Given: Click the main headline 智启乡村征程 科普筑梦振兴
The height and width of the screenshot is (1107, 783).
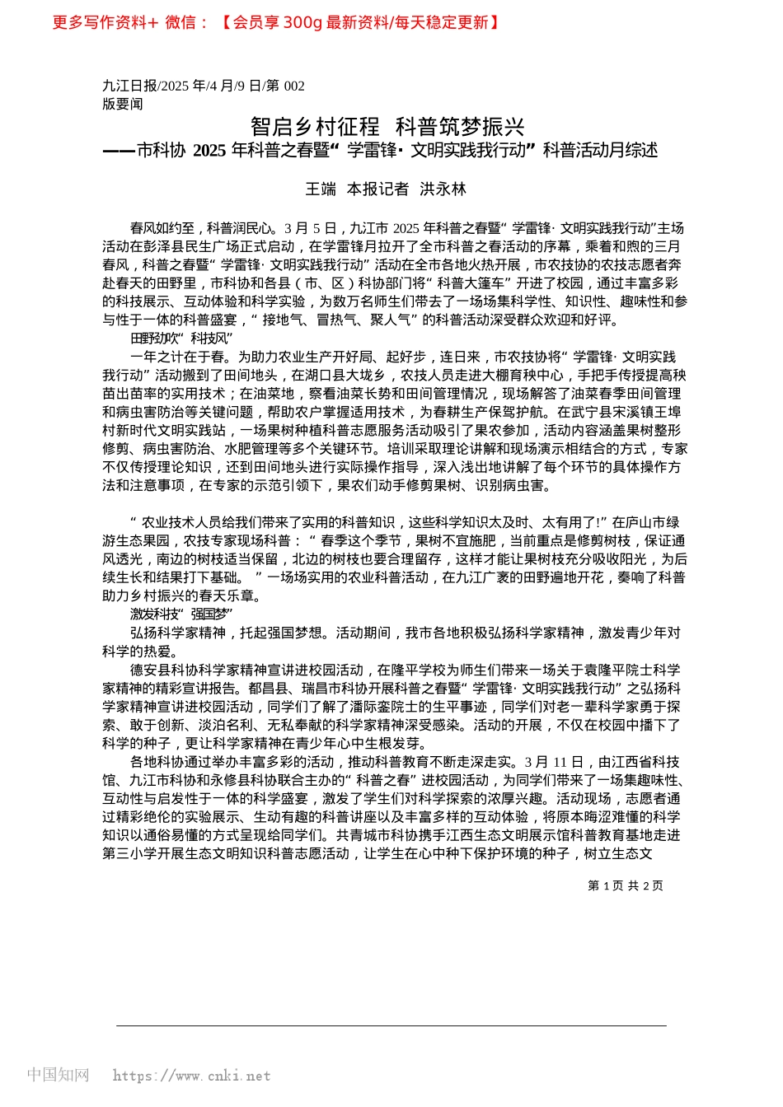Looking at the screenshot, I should pyautogui.click(x=387, y=127).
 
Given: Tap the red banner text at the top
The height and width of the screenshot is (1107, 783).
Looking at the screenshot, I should pyautogui.click(x=276, y=22).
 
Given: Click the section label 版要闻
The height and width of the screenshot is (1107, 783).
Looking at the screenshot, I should pyautogui.click(x=123, y=104).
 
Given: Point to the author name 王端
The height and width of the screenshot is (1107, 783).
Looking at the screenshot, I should pyautogui.click(x=321, y=189).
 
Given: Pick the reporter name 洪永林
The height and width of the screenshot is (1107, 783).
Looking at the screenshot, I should pyautogui.click(x=443, y=189).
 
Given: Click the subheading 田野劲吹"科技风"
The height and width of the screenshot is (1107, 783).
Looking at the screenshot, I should pyautogui.click(x=181, y=339).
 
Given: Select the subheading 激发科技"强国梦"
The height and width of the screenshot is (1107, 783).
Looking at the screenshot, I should pyautogui.click(x=181, y=614).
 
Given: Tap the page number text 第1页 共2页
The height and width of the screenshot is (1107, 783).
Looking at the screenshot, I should pyautogui.click(x=625, y=885).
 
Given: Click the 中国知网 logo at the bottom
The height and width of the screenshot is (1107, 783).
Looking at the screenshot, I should pyautogui.click(x=59, y=1075).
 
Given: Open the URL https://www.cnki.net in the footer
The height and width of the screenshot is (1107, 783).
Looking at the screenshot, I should pyautogui.click(x=191, y=1076).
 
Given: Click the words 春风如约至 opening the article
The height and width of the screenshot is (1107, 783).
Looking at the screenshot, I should pyautogui.click(x=164, y=228).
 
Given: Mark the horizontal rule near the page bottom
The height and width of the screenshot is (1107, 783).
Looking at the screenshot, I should pyautogui.click(x=391, y=1025).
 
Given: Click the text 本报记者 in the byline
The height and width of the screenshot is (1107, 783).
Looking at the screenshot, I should pyautogui.click(x=377, y=189).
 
